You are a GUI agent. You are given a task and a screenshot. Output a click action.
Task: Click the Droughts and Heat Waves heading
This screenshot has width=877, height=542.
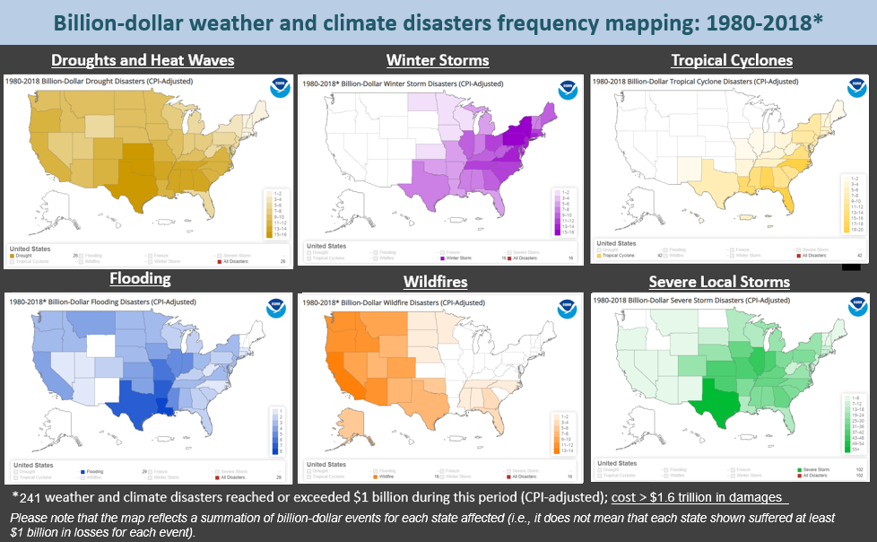[143, 61]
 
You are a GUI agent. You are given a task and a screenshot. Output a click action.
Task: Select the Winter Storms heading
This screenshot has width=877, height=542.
[438, 61]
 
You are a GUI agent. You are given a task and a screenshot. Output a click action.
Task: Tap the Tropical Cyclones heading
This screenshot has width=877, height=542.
[732, 61]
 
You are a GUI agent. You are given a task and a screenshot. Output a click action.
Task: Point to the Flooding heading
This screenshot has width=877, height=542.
[140, 278]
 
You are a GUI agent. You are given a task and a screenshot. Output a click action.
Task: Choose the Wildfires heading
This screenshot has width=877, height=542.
[435, 282]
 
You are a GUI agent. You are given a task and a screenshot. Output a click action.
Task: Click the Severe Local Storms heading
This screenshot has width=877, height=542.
[719, 282]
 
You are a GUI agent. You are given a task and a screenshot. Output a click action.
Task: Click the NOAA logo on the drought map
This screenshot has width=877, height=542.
[278, 88]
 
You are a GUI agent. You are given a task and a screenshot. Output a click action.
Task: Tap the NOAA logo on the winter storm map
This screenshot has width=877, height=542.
[569, 89]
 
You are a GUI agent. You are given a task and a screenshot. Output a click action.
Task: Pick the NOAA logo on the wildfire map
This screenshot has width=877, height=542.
[569, 308]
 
